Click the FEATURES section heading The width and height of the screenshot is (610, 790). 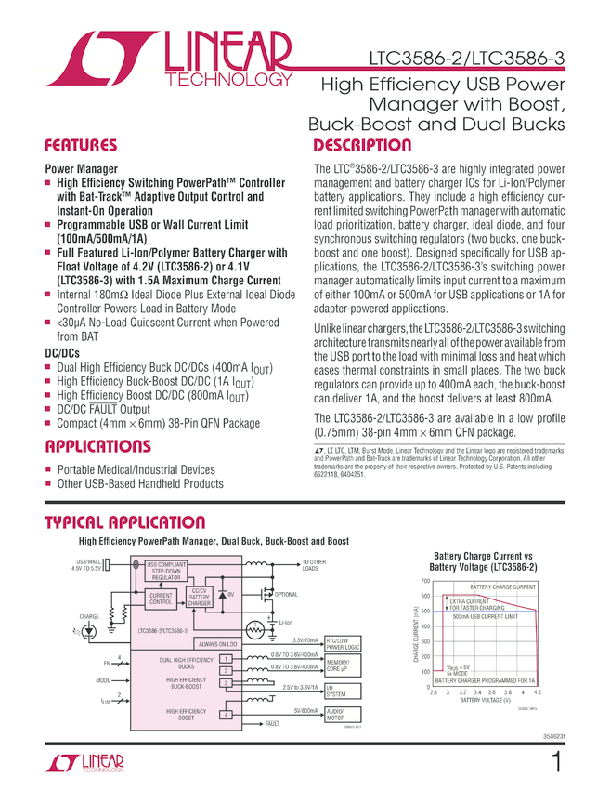tap(83, 146)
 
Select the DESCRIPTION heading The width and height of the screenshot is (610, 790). tap(361, 146)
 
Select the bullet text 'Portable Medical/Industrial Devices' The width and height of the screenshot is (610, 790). tap(136, 470)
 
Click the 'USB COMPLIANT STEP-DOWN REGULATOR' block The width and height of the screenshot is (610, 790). tap(167, 570)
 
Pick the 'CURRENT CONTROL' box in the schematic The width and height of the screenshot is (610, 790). tap(162, 599)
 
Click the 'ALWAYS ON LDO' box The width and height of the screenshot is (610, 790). tap(217, 643)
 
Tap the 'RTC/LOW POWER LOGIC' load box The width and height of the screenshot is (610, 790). tap(342, 644)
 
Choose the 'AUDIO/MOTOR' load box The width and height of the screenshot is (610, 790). tap(336, 714)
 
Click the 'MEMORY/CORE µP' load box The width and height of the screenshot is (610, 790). tap(338, 665)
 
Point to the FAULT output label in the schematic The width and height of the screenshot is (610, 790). tap(273, 723)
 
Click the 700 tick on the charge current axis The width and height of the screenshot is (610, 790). tap(423, 581)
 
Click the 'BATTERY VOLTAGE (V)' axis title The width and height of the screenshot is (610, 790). tap(486, 700)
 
